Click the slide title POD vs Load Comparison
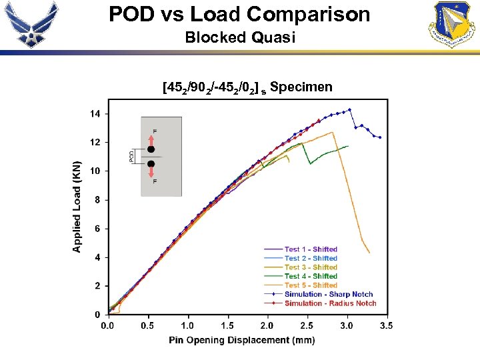[239, 14]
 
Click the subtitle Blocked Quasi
[239, 37]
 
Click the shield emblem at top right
[455, 24]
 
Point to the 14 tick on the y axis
[95, 114]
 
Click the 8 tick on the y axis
[97, 200]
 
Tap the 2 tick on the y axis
[97, 286]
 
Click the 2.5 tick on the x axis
[306, 326]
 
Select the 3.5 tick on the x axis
[386, 326]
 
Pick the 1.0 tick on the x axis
[187, 326]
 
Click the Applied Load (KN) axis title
[77, 207]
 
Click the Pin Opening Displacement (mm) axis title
[242, 340]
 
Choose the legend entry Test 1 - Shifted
[311, 249]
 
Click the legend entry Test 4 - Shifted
[311, 276]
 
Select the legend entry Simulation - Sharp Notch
[329, 294]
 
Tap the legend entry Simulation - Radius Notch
[330, 303]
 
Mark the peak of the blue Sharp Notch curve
[349, 110]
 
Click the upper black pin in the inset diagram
[151, 149]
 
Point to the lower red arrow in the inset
[151, 173]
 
